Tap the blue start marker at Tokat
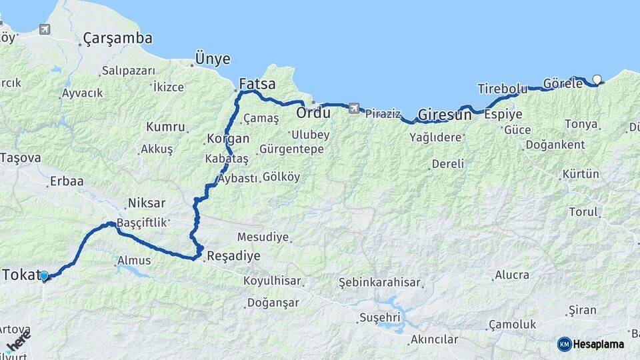click(x=44, y=275)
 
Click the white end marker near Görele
click(x=597, y=80)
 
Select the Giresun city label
click(x=444, y=114)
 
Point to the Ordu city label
click(x=313, y=113)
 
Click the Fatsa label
click(x=257, y=85)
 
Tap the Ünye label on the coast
click(x=213, y=59)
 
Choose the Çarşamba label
click(x=117, y=39)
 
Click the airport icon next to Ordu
click(x=353, y=108)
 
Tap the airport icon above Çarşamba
click(x=45, y=29)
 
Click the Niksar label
click(x=147, y=203)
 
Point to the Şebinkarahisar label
click(x=380, y=282)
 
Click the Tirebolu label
click(x=502, y=89)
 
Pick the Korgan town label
click(x=228, y=139)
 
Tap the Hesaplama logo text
click(x=599, y=344)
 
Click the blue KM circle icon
click(x=564, y=344)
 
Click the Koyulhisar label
click(x=271, y=281)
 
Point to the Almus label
click(x=134, y=260)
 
